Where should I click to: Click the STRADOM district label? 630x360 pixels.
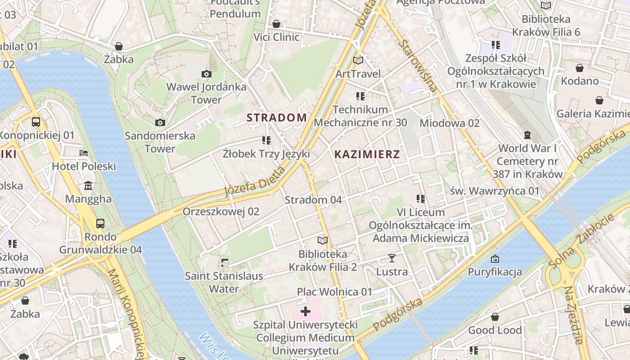click(277, 117)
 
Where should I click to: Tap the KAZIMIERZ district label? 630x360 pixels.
click(367, 154)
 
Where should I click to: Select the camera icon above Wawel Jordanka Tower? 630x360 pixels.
click(207, 74)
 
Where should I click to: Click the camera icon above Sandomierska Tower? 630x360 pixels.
click(160, 122)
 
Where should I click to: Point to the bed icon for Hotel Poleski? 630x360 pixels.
click(84, 153)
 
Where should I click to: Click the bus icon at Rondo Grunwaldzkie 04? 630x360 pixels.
click(100, 223)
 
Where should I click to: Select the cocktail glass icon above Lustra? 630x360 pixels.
click(392, 258)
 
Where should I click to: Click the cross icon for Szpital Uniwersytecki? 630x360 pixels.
click(306, 311)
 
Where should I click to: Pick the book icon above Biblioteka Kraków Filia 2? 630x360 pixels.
click(323, 241)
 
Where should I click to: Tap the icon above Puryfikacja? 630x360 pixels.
click(495, 259)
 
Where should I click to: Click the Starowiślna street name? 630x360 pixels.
click(418, 66)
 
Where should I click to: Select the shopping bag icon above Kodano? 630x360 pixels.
click(580, 68)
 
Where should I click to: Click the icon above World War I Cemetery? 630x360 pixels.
click(527, 135)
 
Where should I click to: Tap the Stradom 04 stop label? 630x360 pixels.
click(313, 199)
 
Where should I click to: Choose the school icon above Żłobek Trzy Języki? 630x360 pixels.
click(266, 140)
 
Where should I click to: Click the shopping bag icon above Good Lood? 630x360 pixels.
click(495, 317)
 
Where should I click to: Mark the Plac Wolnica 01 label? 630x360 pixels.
click(335, 292)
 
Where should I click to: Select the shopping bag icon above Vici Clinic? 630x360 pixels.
click(276, 23)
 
